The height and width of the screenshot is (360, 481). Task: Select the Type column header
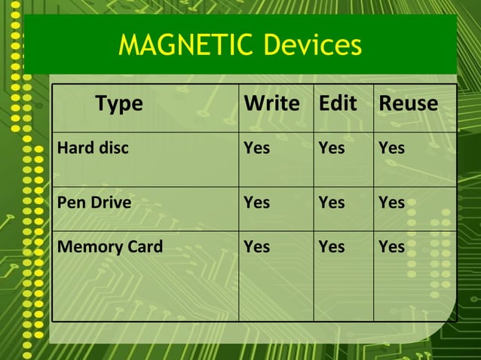click(118, 104)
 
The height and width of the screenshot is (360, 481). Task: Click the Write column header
click(271, 104)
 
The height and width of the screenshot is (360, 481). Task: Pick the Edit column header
click(338, 104)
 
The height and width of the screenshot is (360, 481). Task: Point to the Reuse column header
click(408, 104)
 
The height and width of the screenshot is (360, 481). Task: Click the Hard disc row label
click(93, 148)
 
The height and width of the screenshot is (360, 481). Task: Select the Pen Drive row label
click(94, 203)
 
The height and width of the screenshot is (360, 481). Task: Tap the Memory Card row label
click(110, 246)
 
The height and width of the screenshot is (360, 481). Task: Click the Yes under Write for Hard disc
click(256, 148)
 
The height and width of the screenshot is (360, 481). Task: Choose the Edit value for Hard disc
click(332, 148)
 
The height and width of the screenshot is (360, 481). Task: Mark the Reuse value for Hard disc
click(391, 148)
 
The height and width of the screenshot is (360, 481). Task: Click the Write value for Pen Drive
click(256, 203)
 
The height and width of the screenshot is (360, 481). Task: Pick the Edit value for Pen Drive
click(332, 203)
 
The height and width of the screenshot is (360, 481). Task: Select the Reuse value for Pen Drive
click(391, 203)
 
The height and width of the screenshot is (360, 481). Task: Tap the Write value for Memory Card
click(256, 246)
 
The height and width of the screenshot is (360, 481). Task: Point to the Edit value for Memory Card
click(332, 246)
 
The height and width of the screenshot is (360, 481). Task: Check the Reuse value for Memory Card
click(391, 246)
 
